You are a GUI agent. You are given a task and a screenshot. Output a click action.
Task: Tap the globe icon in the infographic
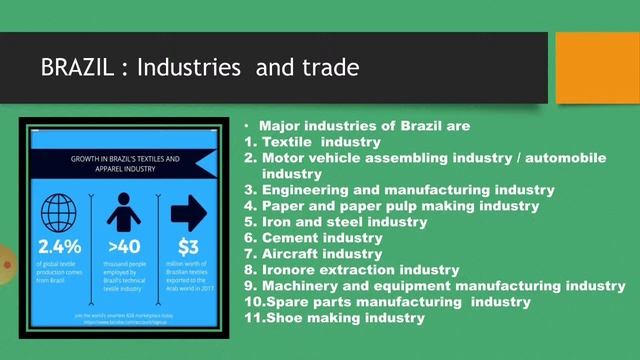click(59, 212)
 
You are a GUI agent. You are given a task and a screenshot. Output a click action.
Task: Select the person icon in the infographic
click(124, 212)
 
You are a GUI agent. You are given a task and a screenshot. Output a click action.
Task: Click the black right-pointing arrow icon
click(188, 212)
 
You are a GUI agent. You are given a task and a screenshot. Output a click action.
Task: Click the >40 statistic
click(124, 247)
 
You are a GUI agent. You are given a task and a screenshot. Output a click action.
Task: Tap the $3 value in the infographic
click(187, 247)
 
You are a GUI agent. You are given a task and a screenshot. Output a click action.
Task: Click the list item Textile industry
click(321, 142)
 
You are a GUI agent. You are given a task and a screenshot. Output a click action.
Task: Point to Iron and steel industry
click(344, 222)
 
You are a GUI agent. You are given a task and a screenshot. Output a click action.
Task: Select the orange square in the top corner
click(597, 67)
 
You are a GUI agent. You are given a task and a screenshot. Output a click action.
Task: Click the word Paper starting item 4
click(283, 206)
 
